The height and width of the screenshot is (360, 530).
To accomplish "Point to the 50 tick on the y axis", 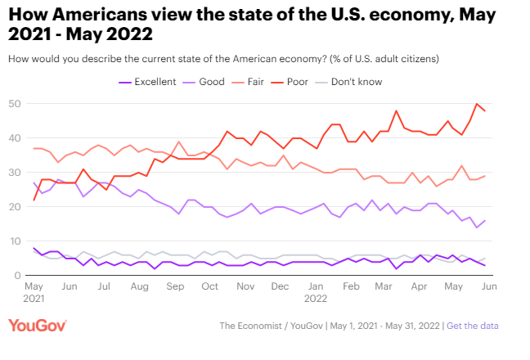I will pos(15,104).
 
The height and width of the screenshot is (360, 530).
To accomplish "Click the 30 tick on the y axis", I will pos(15,173).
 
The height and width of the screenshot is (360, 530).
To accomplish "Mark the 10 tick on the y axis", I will pos(15,241).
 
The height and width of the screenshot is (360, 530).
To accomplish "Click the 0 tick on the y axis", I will pos(18,276).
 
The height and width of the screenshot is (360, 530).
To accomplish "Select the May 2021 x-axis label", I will pos(34,293).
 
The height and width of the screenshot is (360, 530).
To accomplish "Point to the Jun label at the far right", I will pos(487,288).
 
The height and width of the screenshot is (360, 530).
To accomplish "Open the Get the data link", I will pos(472,326).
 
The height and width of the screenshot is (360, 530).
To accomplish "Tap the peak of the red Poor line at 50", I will pos(477,104).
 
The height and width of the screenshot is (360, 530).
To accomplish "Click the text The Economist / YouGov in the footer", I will pos(270,326).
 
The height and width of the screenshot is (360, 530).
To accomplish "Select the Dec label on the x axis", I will pos(279,288).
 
